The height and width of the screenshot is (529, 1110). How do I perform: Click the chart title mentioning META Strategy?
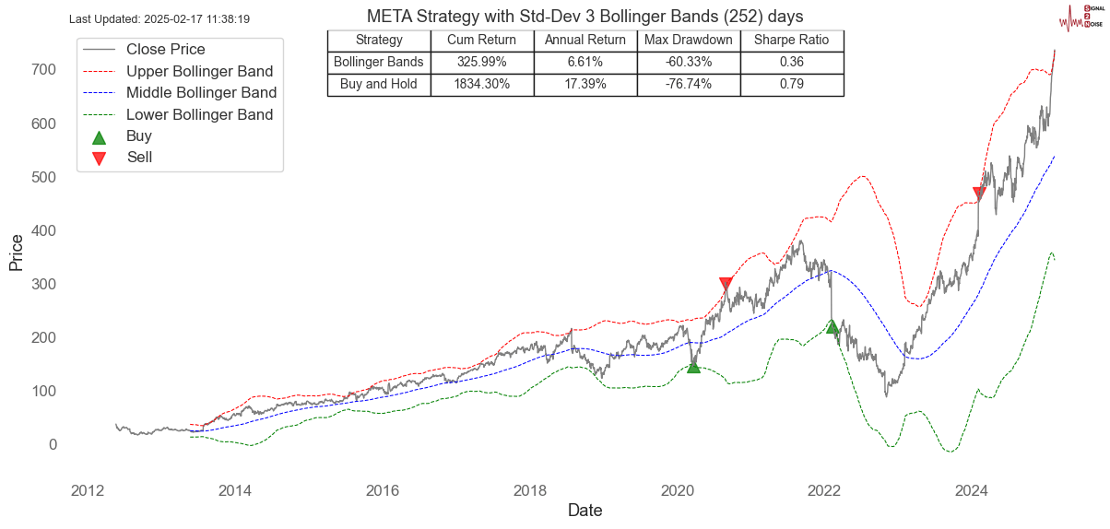(585, 17)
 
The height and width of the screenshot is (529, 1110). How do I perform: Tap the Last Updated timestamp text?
(159, 18)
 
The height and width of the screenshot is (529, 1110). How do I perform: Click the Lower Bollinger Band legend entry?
(199, 114)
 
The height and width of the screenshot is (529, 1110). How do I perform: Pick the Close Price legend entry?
(165, 49)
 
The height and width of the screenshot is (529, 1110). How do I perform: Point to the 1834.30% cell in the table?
(482, 84)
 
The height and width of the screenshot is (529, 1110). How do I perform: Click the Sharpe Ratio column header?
(791, 40)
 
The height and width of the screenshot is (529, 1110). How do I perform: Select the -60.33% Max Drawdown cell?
(688, 62)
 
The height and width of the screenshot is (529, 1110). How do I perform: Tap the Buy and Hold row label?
(379, 84)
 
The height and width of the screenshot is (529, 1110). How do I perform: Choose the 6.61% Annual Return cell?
(585, 62)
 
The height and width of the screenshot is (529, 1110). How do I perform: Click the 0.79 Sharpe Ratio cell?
(791, 84)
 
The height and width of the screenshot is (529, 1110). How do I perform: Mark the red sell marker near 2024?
(979, 194)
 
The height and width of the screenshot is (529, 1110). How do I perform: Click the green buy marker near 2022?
(832, 326)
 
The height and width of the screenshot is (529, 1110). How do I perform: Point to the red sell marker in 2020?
(726, 284)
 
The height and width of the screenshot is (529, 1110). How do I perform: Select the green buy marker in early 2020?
(693, 366)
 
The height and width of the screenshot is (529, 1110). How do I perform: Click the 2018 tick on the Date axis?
(529, 489)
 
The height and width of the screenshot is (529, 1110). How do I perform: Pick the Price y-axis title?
(16, 252)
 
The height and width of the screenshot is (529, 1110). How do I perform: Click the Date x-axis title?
(585, 510)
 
